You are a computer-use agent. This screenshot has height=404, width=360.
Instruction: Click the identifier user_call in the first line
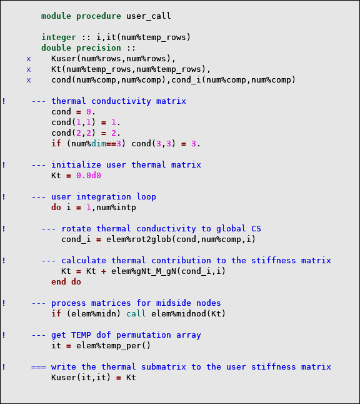pos(149,16)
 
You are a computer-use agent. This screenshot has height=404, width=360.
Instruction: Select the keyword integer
pos(59,38)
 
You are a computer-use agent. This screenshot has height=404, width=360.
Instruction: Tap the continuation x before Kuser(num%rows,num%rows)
pos(29,59)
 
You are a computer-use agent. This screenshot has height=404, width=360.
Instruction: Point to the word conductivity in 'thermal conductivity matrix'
pos(121,101)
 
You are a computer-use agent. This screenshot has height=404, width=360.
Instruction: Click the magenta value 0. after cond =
pos(91,112)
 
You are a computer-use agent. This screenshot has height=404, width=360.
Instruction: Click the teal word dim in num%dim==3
pos(99,143)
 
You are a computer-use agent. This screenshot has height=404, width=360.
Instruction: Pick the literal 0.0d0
pos(89,176)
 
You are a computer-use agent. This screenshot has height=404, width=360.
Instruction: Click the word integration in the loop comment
pos(104,197)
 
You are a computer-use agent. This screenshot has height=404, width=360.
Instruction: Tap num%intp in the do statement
pos(116,208)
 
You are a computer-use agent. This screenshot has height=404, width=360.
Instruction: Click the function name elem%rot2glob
pos(139,240)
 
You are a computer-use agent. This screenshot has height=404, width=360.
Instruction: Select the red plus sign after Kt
pos(104,271)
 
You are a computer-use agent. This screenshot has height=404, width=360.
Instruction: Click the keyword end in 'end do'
pos(59,282)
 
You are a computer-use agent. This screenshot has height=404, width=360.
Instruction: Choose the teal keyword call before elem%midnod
pos(136,313)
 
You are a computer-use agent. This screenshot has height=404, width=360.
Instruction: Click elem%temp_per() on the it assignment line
pos(113,345)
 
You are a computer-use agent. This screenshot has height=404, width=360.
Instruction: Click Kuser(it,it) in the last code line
pos(81,378)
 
